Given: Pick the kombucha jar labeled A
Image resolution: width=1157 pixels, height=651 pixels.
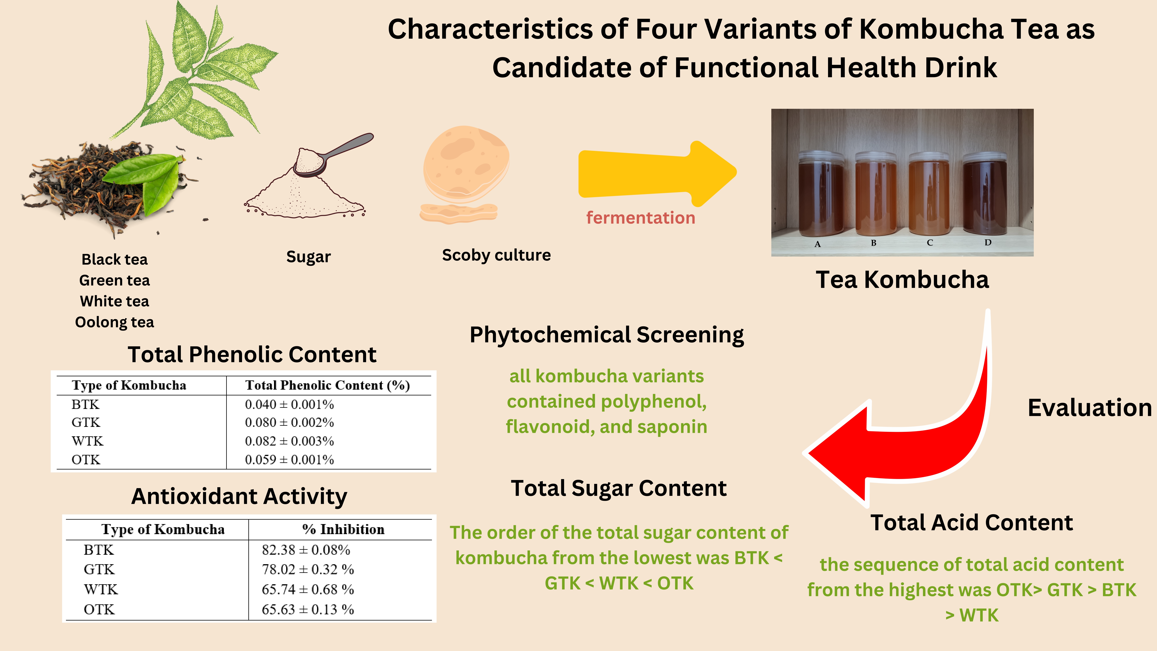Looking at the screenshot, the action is pos(821,194).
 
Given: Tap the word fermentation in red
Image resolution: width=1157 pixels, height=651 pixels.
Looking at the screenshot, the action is pos(640,218).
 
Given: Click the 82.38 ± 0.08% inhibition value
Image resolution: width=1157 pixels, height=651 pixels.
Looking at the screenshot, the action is pos(306,550).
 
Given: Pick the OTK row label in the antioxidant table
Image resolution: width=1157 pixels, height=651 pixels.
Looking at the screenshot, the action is pos(99,610).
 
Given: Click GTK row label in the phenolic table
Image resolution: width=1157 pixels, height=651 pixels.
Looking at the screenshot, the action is pos(86,422).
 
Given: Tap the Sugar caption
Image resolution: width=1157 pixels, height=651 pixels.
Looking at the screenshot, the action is pos(309,257).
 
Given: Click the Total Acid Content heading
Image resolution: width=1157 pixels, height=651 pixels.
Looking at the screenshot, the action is pos(971,523).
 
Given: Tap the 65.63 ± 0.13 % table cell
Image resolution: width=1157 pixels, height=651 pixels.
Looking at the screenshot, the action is pos(308,610).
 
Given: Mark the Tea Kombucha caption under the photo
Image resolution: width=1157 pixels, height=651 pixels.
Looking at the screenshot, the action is pos(902,280).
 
